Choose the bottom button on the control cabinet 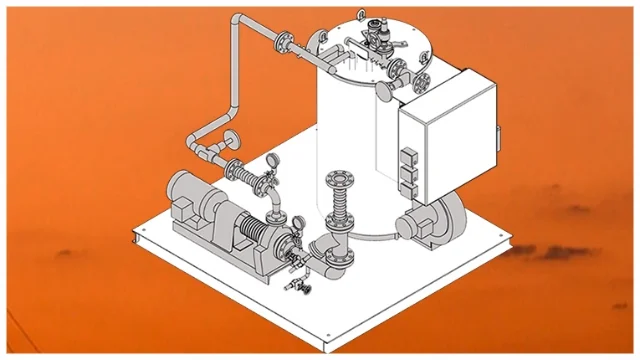coord(407,184)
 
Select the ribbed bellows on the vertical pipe coord(337,211)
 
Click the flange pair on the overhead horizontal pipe coord(286,44)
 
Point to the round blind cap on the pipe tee coord(232,136)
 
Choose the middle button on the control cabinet coord(406,169)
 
